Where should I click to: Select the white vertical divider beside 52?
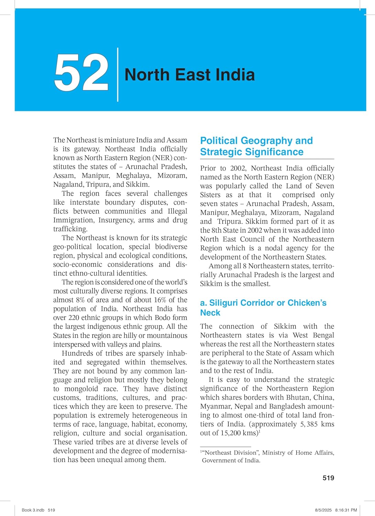tap(118, 75)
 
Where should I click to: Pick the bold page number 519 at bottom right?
tap(328, 477)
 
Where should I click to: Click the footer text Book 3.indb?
tap(33, 510)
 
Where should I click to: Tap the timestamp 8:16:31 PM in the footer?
tap(346, 510)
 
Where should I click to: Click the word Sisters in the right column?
tap(210, 195)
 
